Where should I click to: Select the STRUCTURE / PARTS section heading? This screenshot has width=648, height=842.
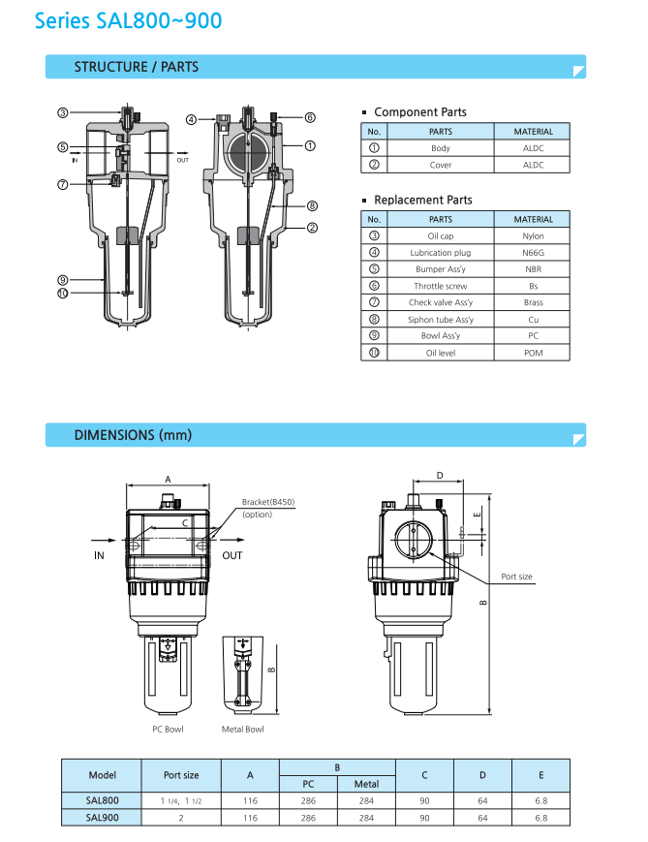tap(137, 67)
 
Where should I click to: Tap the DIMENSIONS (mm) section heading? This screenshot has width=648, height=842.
tap(133, 435)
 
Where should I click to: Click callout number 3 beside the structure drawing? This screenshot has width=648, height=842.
tap(62, 113)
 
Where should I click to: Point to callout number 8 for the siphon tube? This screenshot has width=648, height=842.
tap(312, 205)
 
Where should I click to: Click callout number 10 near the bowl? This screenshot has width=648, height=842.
tap(62, 293)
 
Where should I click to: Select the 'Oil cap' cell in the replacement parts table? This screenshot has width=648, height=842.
tap(440, 236)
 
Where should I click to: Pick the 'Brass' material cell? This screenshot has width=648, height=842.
tap(533, 302)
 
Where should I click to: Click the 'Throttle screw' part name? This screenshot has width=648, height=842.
tap(440, 286)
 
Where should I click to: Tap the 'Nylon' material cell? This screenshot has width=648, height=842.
tap(533, 236)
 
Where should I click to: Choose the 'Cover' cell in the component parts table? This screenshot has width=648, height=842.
tap(440, 165)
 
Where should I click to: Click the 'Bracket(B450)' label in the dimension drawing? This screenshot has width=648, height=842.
tap(268, 502)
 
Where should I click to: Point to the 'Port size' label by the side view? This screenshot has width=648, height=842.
tap(516, 577)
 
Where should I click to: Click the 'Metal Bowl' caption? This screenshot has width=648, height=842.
tap(242, 730)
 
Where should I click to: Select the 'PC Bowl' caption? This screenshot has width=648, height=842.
tap(168, 730)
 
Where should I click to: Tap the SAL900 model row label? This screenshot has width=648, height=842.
tap(102, 818)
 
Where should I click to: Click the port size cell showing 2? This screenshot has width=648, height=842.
tap(181, 818)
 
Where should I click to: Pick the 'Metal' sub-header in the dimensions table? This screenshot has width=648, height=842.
tap(366, 784)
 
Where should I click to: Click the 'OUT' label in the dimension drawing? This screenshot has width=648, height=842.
tap(232, 555)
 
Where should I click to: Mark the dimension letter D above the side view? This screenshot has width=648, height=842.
tap(440, 476)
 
